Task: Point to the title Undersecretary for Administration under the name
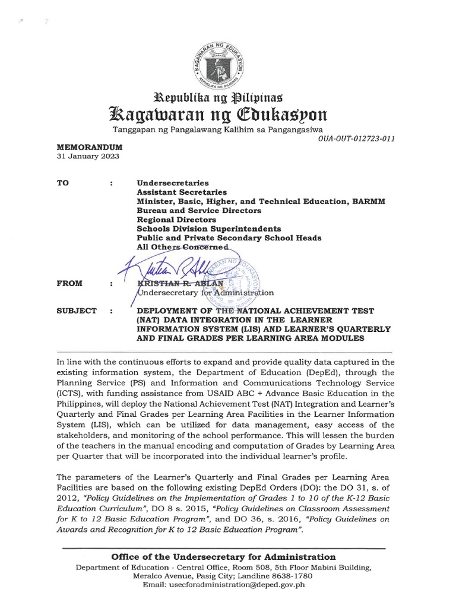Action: tap(205, 293)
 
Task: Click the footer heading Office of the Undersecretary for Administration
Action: tap(224, 556)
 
